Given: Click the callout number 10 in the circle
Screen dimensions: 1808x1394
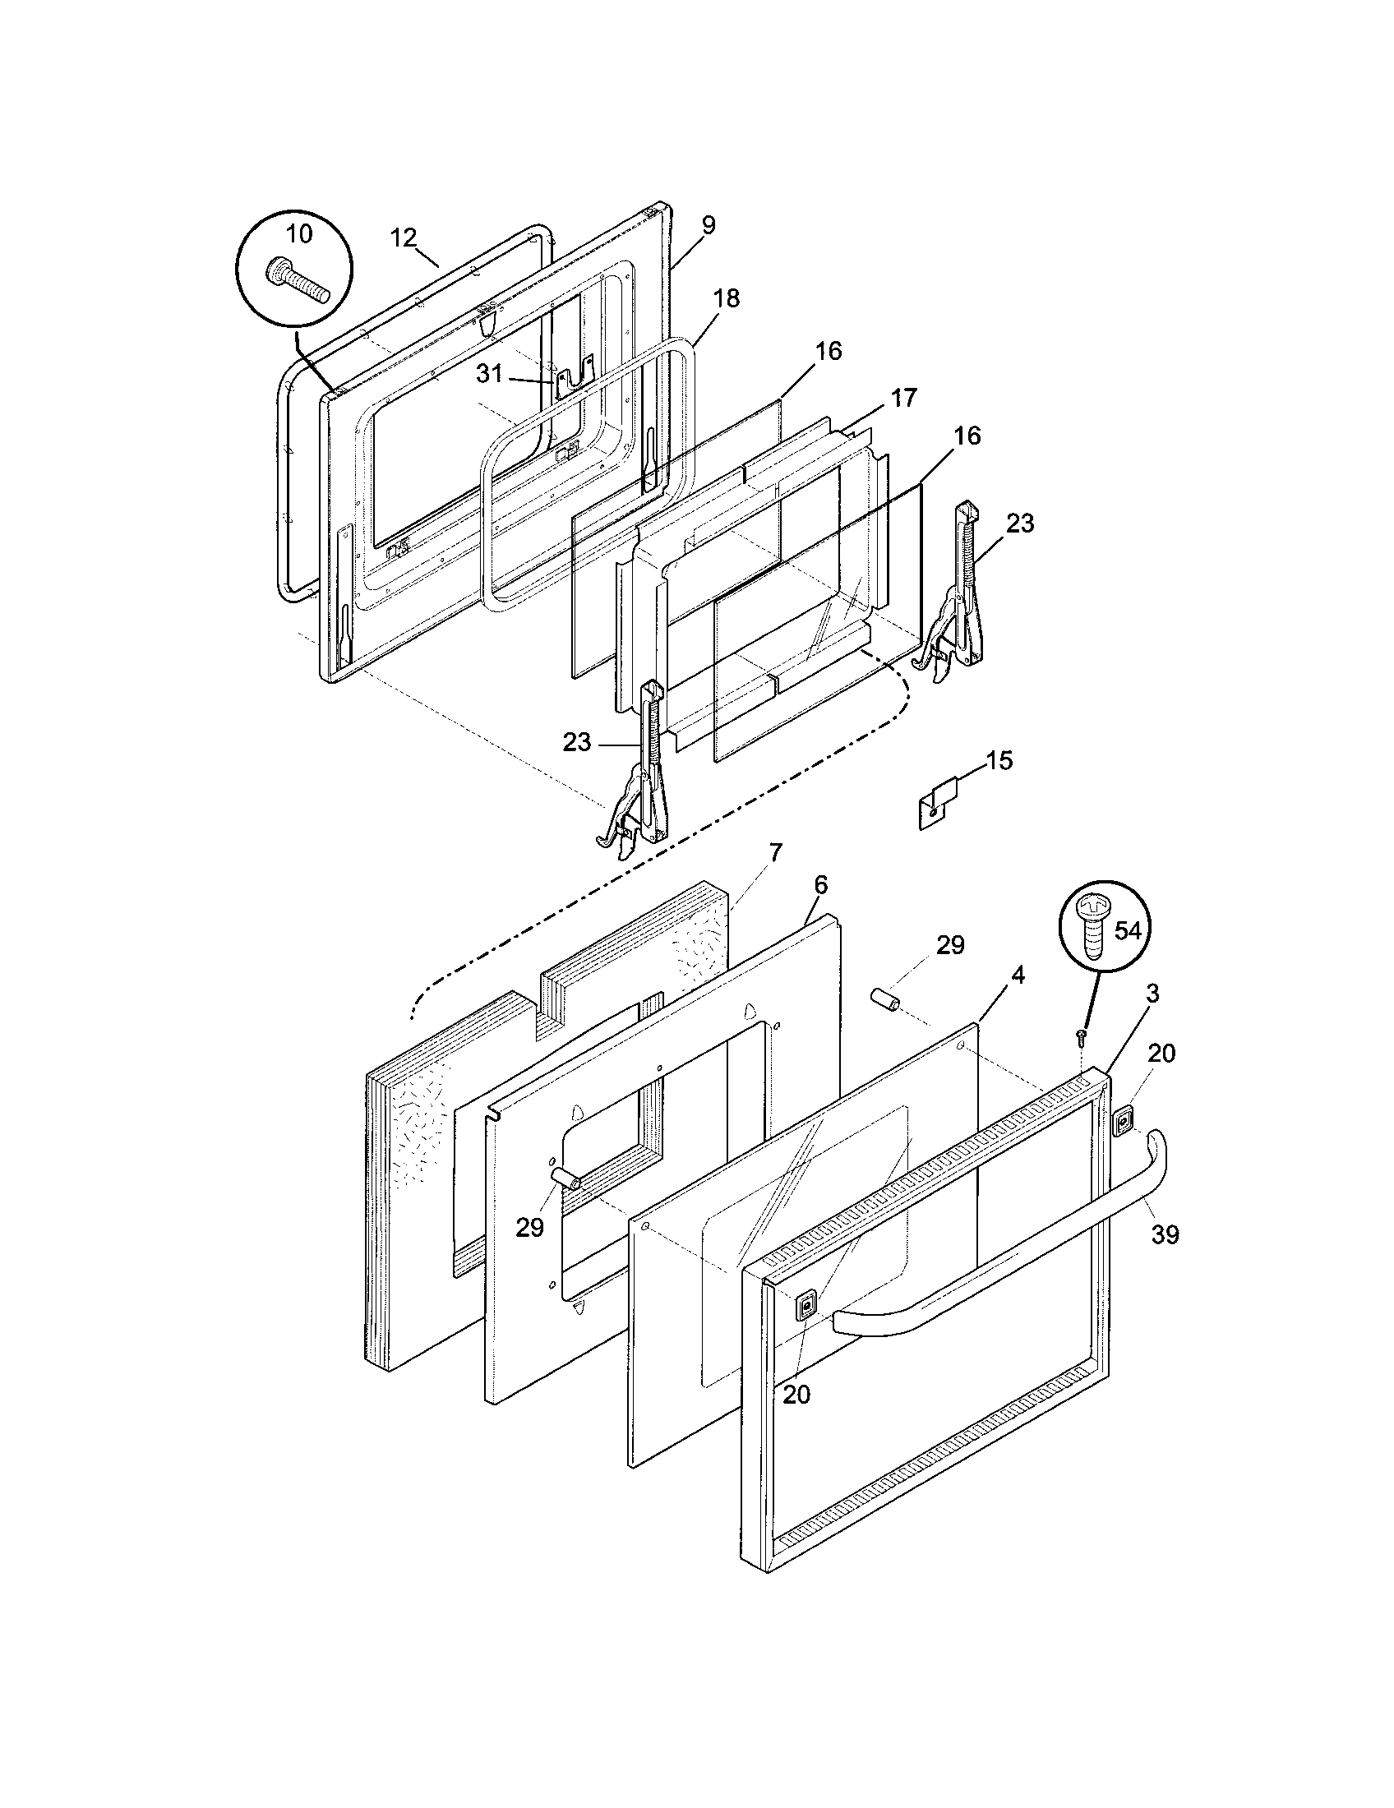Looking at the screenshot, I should point(299,234).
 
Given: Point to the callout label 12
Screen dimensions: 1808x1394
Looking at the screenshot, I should point(403,238).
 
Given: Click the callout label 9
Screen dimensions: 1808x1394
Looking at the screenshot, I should point(708,225).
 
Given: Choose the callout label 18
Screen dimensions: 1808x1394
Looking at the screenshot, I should point(727,298).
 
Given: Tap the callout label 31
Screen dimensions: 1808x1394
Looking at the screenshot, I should point(489,373).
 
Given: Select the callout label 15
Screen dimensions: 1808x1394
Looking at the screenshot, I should point(1000,760).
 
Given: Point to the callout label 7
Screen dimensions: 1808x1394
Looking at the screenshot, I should point(775,853).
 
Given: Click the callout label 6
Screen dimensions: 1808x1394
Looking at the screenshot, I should point(819,884).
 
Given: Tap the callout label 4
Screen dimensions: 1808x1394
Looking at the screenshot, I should point(1018,975).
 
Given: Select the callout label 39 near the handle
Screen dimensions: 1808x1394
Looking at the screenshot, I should point(1165,1258).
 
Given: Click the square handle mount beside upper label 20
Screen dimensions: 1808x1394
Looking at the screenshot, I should point(1124,1123).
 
